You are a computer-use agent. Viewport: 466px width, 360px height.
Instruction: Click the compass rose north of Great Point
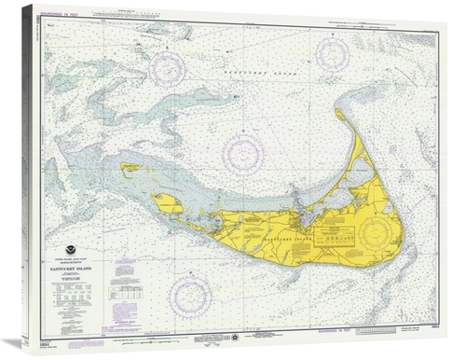[x=332, y=54]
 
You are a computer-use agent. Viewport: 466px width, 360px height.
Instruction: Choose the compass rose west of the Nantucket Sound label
[x=166, y=66]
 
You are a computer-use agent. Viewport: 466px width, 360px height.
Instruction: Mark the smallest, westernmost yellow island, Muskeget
[x=130, y=169]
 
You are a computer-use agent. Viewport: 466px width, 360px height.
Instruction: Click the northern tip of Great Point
[x=339, y=113]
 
